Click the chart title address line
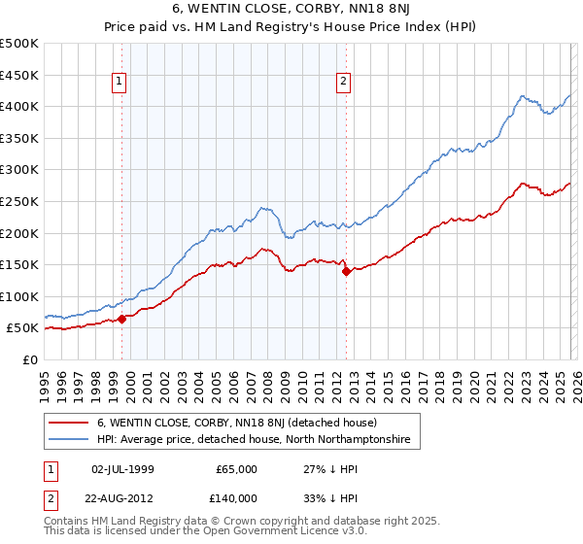[291, 10]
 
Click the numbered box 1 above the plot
[119, 83]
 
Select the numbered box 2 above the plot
[344, 83]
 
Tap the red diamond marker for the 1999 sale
[121, 318]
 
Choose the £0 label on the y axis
[29, 359]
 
